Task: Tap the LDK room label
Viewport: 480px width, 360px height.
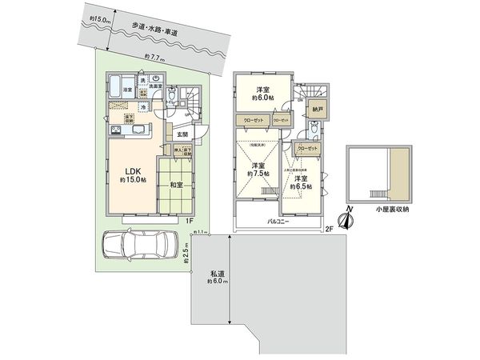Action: [x=132, y=169]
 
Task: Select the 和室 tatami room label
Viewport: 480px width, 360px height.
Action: [x=177, y=185]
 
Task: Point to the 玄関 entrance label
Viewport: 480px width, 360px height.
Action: [x=183, y=135]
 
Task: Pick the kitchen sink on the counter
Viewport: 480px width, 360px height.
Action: [x=135, y=132]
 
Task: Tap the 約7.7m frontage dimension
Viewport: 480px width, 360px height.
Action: [x=154, y=57]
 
